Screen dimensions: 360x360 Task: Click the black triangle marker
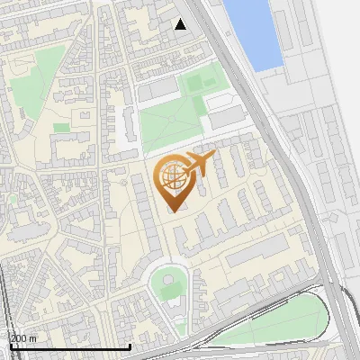click(x=181, y=24)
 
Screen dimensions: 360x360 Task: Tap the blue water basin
click(x=255, y=31)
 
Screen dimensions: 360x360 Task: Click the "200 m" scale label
click(x=23, y=337)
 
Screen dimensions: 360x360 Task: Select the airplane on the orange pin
click(x=200, y=165)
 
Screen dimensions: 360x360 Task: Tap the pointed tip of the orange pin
click(x=173, y=211)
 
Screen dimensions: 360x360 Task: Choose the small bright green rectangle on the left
click(x=61, y=128)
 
